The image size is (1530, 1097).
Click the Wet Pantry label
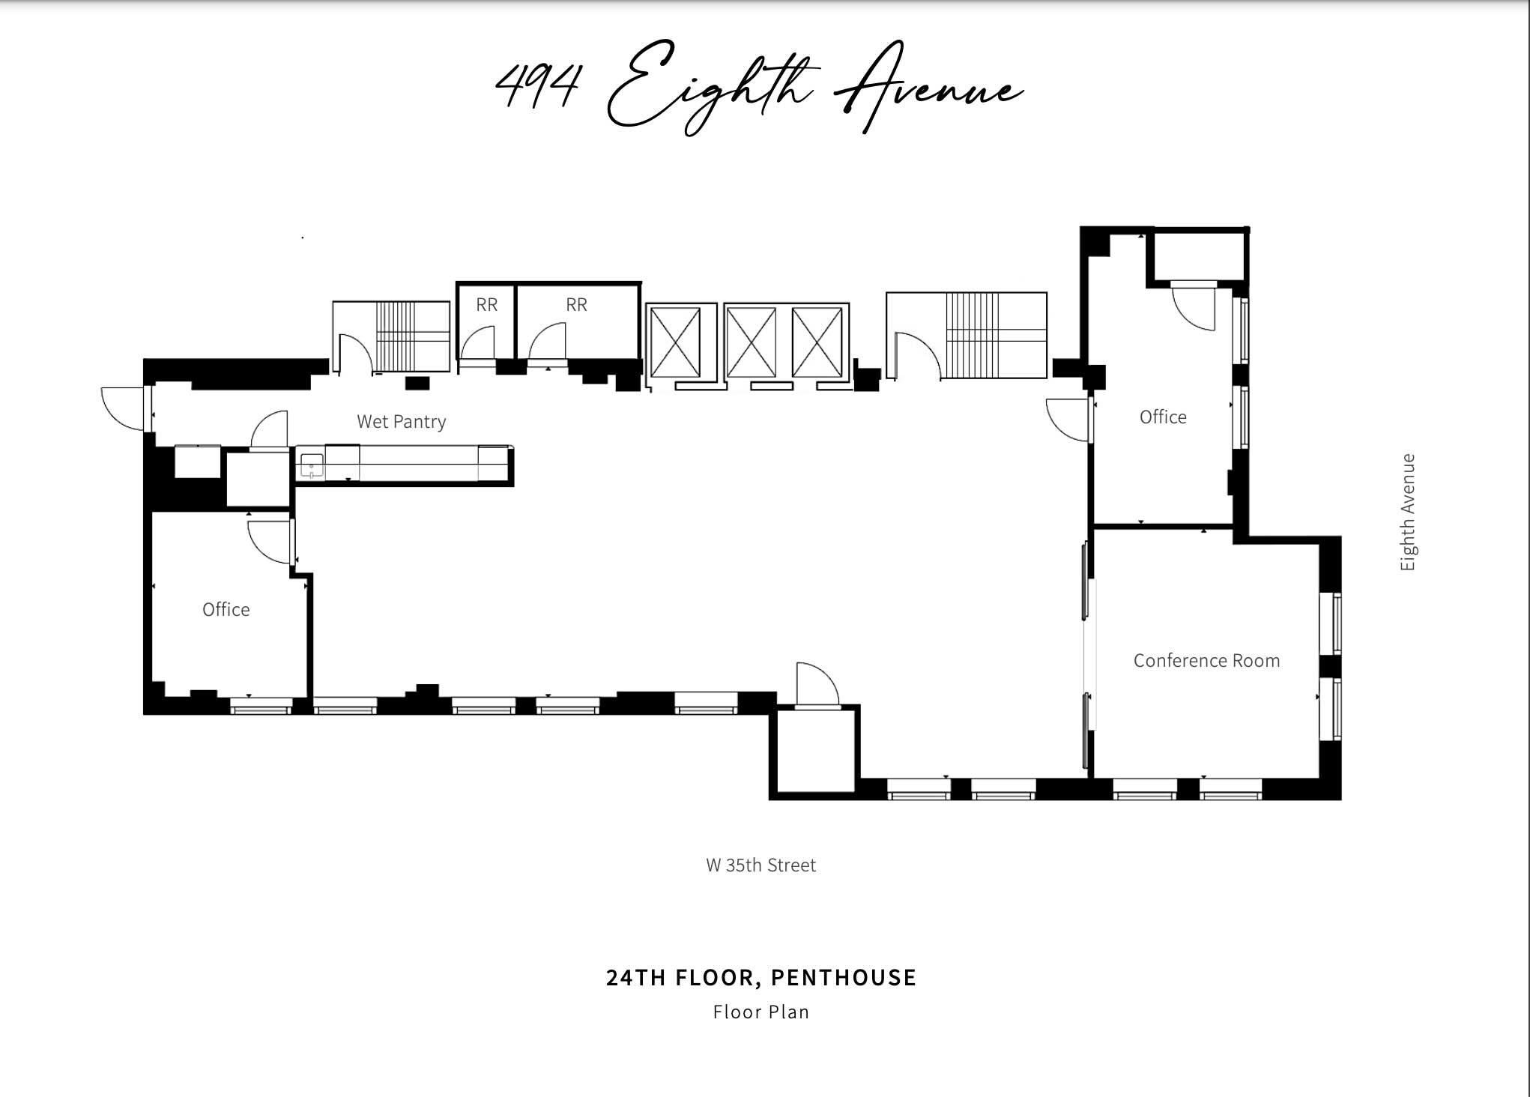401,421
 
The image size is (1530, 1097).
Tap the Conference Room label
1206,660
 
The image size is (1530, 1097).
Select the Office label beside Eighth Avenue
1162,417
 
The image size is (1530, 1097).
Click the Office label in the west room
226,609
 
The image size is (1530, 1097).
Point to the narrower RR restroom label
486,304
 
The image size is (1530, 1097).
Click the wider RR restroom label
576,304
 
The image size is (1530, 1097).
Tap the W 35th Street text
761,865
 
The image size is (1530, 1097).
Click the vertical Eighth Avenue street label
1407,512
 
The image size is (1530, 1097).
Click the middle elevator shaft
751,342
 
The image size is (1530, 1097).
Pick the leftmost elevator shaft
676,342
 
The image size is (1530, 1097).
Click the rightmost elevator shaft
817,342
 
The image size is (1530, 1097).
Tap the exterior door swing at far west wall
121,408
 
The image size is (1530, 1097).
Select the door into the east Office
1068,420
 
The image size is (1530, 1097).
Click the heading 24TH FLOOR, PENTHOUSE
761,977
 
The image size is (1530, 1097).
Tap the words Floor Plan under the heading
761,1012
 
